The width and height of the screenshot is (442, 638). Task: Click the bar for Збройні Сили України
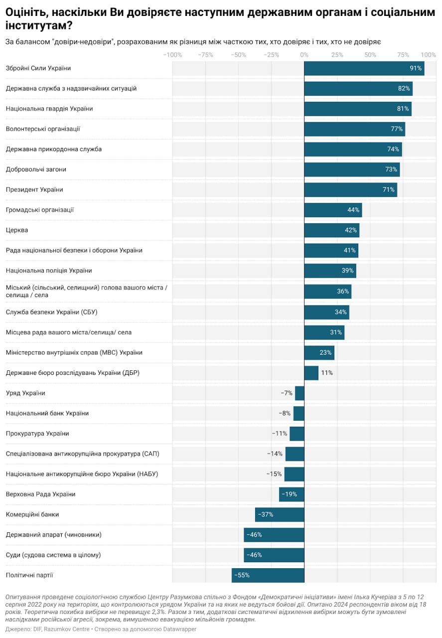click(364, 68)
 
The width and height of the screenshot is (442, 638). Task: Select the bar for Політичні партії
click(268, 575)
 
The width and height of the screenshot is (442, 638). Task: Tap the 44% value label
click(353, 210)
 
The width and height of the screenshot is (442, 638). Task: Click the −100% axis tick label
click(172, 54)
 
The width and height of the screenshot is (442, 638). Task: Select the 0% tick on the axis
click(304, 54)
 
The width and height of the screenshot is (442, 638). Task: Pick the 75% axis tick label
click(403, 54)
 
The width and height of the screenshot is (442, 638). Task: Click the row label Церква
click(17, 230)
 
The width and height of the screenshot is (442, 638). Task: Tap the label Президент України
click(34, 189)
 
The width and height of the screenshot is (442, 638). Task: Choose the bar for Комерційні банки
click(280, 514)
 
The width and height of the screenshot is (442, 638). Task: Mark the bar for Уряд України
click(299, 393)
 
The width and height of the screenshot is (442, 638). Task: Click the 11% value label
click(327, 373)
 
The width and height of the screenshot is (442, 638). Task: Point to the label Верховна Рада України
click(40, 494)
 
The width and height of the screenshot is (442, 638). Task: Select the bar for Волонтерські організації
click(354, 129)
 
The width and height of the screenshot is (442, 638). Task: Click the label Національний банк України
click(47, 413)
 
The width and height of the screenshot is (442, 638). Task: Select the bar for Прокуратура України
click(297, 434)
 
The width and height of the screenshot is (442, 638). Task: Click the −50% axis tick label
click(238, 54)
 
